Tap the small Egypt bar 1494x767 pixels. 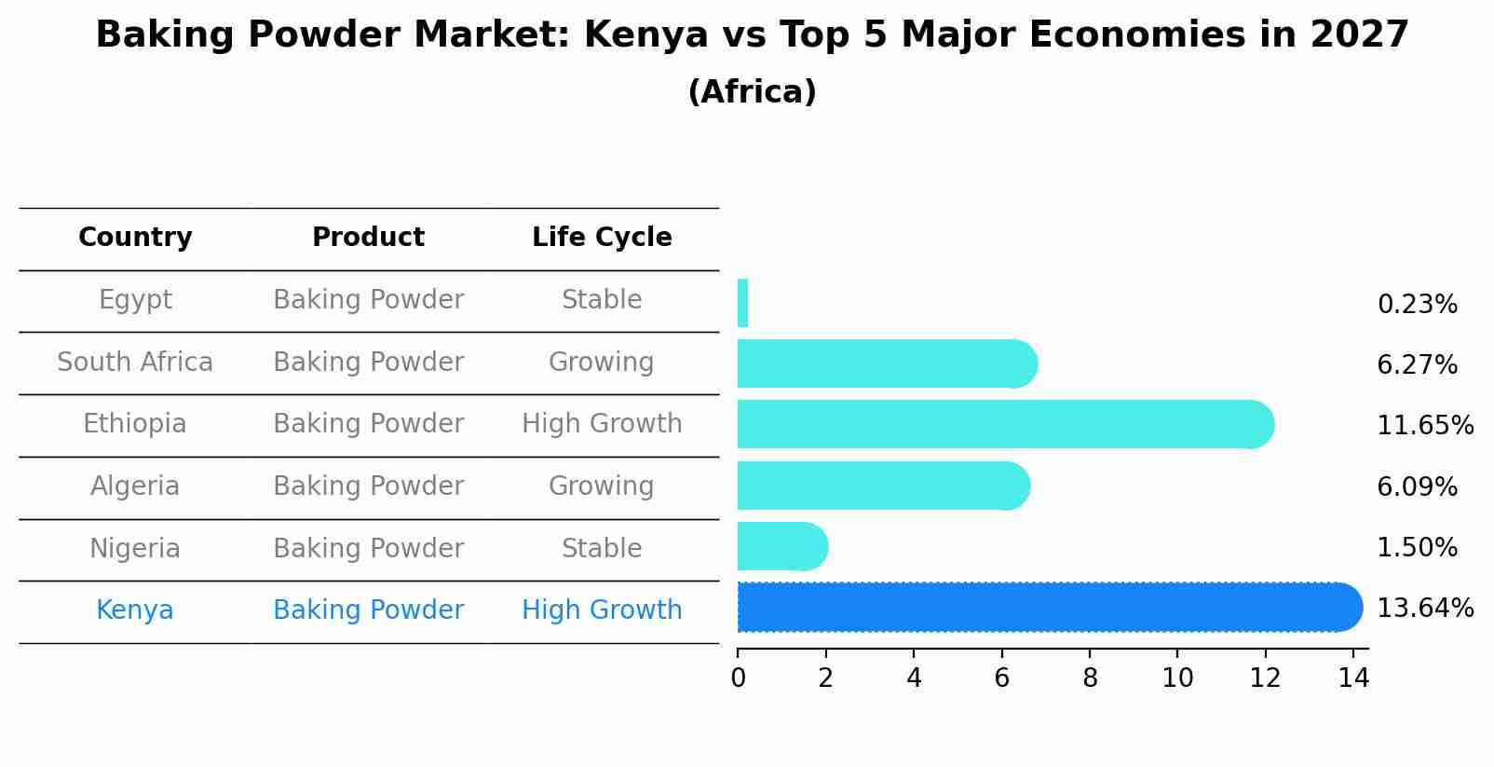click(x=742, y=303)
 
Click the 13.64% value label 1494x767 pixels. click(x=1425, y=609)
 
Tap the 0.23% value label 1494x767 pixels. click(x=1417, y=305)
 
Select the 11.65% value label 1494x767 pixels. click(x=1425, y=426)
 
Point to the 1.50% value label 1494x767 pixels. click(x=1417, y=548)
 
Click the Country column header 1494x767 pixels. click(x=135, y=238)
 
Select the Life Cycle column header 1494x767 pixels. click(x=602, y=238)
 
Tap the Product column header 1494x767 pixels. click(x=368, y=238)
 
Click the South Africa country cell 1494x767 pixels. click(x=135, y=363)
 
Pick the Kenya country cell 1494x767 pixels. click(x=135, y=610)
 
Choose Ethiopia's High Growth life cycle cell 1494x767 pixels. click(x=602, y=424)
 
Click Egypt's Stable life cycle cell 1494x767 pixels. click(x=602, y=300)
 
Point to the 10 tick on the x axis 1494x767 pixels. click(x=1177, y=678)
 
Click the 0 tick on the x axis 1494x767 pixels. click(x=738, y=678)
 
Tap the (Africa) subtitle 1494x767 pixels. click(x=752, y=92)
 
